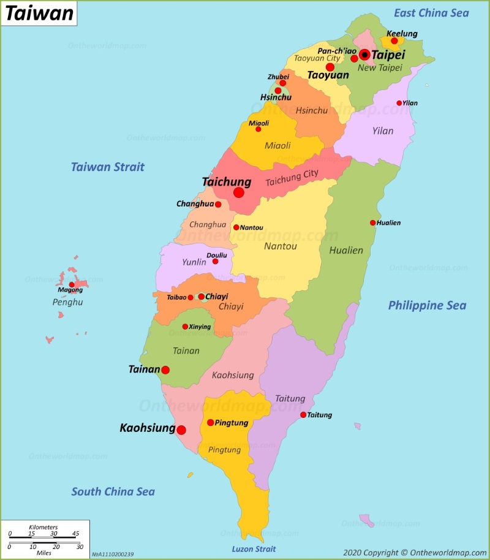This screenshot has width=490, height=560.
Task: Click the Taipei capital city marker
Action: point(365,55)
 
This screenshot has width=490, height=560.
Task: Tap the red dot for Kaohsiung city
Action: point(181,430)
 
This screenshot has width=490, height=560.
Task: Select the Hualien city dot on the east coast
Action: point(372,222)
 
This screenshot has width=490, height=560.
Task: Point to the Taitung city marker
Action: point(303,415)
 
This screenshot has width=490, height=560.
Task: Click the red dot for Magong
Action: point(72,284)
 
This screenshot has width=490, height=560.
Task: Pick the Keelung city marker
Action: point(394,41)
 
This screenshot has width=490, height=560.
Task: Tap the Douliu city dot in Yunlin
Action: point(215,262)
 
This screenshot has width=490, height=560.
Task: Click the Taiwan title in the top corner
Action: point(39,13)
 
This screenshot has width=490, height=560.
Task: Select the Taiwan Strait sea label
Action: point(108,167)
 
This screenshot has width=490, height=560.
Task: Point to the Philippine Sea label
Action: point(427,305)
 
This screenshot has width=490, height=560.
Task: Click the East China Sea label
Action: point(431,13)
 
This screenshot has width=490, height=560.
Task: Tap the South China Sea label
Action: point(113,491)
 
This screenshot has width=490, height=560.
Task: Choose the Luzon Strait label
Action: point(254,549)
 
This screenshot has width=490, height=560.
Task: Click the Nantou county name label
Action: point(281,246)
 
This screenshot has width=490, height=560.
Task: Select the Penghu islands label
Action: point(67,302)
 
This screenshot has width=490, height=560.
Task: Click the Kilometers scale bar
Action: point(43,537)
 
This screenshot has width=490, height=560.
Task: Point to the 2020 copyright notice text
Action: point(415,552)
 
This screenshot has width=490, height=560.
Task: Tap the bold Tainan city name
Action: point(144,369)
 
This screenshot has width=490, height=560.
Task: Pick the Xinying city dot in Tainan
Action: point(185,327)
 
